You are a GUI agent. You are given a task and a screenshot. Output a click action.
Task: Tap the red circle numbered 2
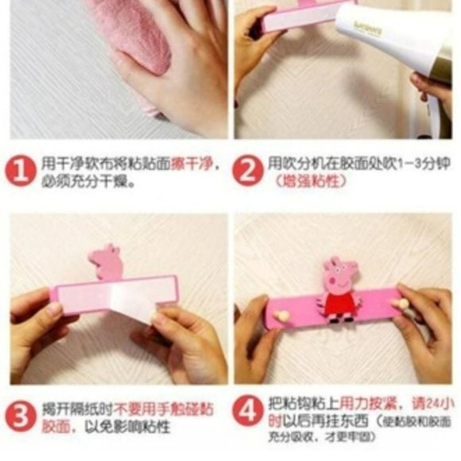click(247, 171)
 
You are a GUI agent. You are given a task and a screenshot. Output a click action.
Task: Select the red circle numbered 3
click(21, 416)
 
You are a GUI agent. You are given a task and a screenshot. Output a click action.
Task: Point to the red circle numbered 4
click(248, 411)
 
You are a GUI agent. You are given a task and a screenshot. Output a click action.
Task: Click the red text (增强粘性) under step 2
click(310, 182)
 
